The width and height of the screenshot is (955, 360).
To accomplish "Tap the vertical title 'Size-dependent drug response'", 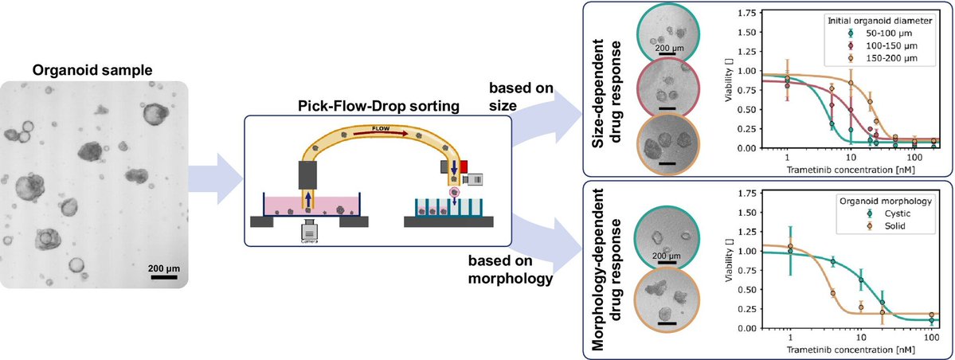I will (610, 88).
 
